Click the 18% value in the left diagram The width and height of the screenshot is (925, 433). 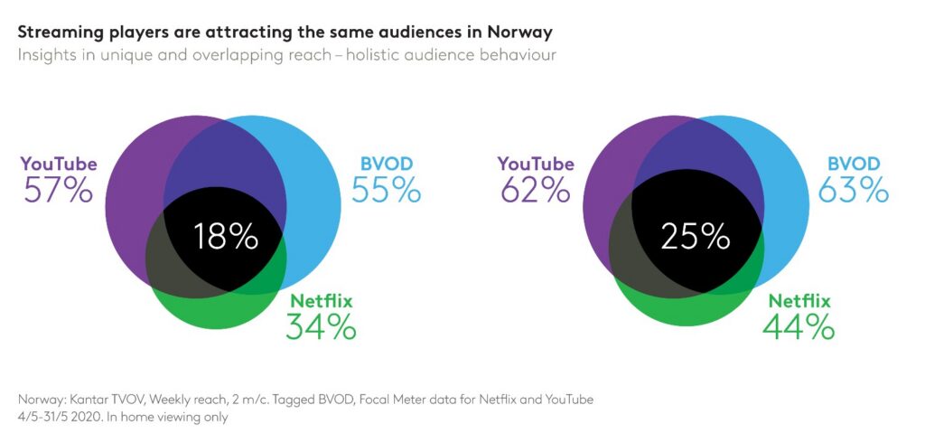pyautogui.click(x=226, y=237)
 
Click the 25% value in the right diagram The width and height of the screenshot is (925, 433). pyautogui.click(x=695, y=237)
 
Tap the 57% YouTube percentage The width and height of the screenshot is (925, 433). pyautogui.click(x=58, y=191)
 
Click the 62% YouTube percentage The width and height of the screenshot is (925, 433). pyautogui.click(x=535, y=191)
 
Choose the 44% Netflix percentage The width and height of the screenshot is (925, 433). pyautogui.click(x=799, y=327)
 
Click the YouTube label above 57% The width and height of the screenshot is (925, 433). pyautogui.click(x=58, y=164)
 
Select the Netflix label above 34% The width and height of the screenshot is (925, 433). pyautogui.click(x=321, y=301)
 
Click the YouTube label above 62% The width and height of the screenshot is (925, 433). pyautogui.click(x=536, y=164)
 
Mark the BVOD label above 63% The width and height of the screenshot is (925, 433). pyautogui.click(x=854, y=164)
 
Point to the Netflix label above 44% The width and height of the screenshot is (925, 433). pyautogui.click(x=799, y=301)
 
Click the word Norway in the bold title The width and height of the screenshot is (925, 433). pyautogui.click(x=520, y=32)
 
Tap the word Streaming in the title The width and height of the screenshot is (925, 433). pyautogui.click(x=59, y=32)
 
